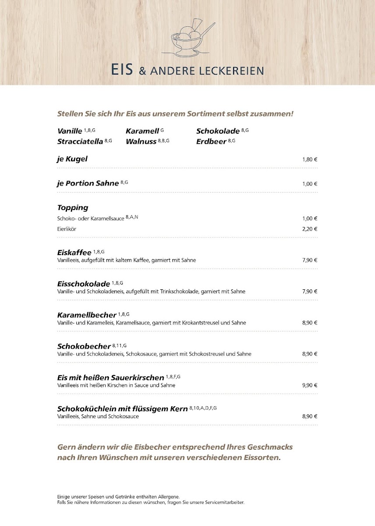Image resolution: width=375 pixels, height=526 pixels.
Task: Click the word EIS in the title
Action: (122, 70)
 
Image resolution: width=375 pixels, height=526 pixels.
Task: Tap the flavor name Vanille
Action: (70, 131)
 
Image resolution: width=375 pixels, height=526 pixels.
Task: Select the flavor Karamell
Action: (142, 131)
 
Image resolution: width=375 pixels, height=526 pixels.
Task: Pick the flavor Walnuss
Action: (141, 142)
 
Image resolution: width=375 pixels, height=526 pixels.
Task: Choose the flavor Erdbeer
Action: (211, 142)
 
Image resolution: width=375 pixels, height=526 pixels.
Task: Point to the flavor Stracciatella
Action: (80, 142)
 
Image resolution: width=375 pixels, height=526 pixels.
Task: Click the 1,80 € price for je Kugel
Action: (309, 160)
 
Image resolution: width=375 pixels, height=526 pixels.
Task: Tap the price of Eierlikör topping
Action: (309, 229)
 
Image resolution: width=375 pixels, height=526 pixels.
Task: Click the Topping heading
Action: (73, 208)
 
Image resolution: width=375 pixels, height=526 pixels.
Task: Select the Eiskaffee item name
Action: (74, 252)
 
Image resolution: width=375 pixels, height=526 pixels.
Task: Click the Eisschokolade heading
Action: (83, 284)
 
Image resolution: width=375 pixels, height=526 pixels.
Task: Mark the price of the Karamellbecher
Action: (309, 323)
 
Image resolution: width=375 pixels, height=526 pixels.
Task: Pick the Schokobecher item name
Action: (84, 347)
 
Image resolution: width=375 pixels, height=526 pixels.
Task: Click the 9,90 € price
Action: (309, 385)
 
